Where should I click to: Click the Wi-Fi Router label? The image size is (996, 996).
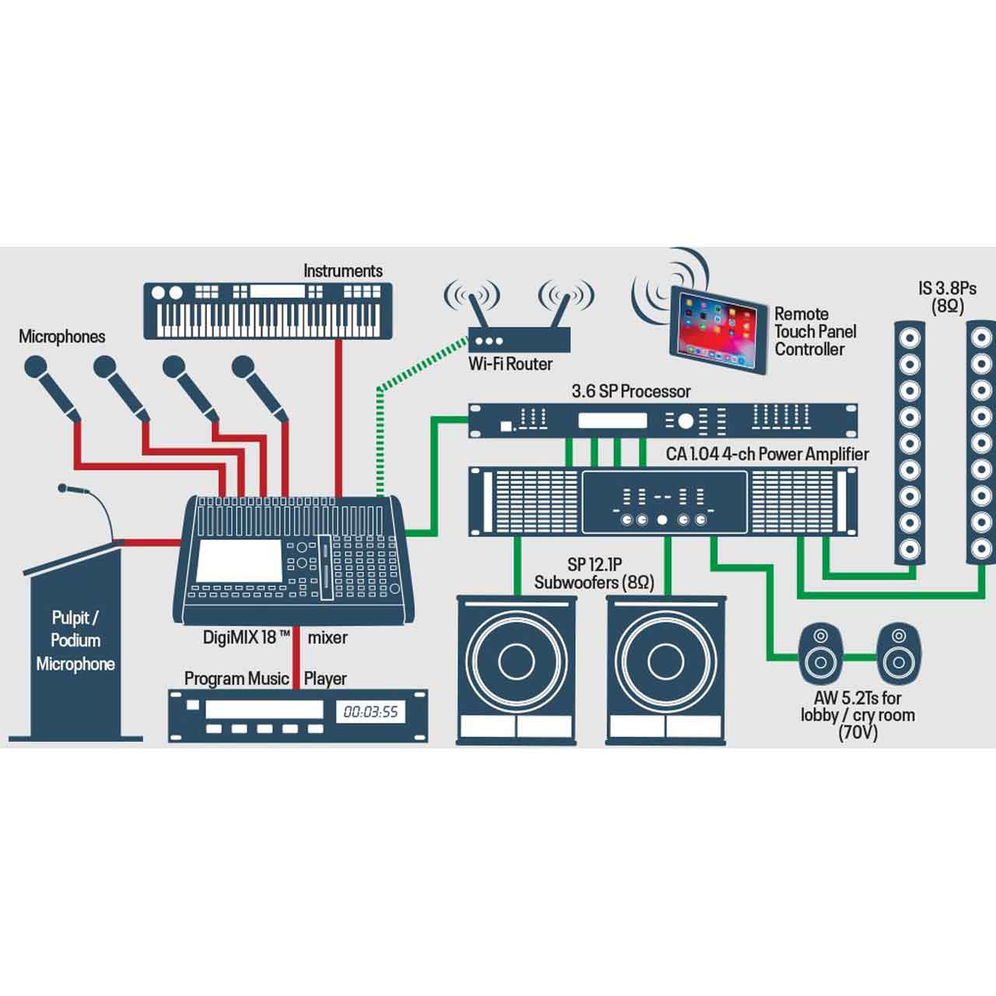pos(510,364)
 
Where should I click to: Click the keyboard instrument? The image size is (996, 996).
pos(268,310)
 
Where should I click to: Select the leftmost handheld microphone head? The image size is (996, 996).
pos(36,367)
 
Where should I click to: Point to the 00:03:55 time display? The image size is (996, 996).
pos(370,711)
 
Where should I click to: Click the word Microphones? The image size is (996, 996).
pos(61,336)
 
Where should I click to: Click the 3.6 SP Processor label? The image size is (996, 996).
pos(630,391)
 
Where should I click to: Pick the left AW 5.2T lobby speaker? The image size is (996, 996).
pos(820,654)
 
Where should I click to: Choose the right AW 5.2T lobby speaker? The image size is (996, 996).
pos(898,654)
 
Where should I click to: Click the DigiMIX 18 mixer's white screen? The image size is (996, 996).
pos(239,561)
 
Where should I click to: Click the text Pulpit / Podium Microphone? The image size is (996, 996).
pos(75,640)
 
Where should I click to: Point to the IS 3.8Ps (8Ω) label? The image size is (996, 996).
pos(947,296)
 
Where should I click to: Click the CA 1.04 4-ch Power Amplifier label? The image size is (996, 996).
pos(766,454)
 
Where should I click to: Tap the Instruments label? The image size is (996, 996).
pos(342,271)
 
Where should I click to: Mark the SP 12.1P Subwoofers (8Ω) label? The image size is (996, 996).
pos(594,573)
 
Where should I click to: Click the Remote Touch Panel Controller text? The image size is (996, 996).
pos(814,331)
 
